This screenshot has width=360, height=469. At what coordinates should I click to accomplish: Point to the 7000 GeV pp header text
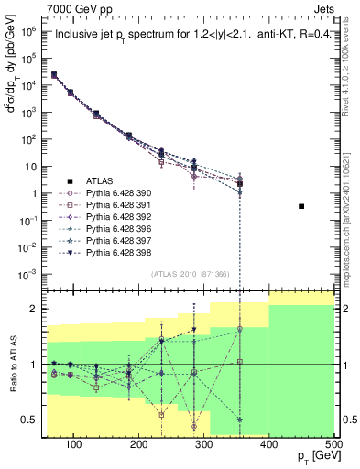coord(77,8)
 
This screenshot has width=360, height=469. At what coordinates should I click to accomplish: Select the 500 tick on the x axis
coord(333,444)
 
